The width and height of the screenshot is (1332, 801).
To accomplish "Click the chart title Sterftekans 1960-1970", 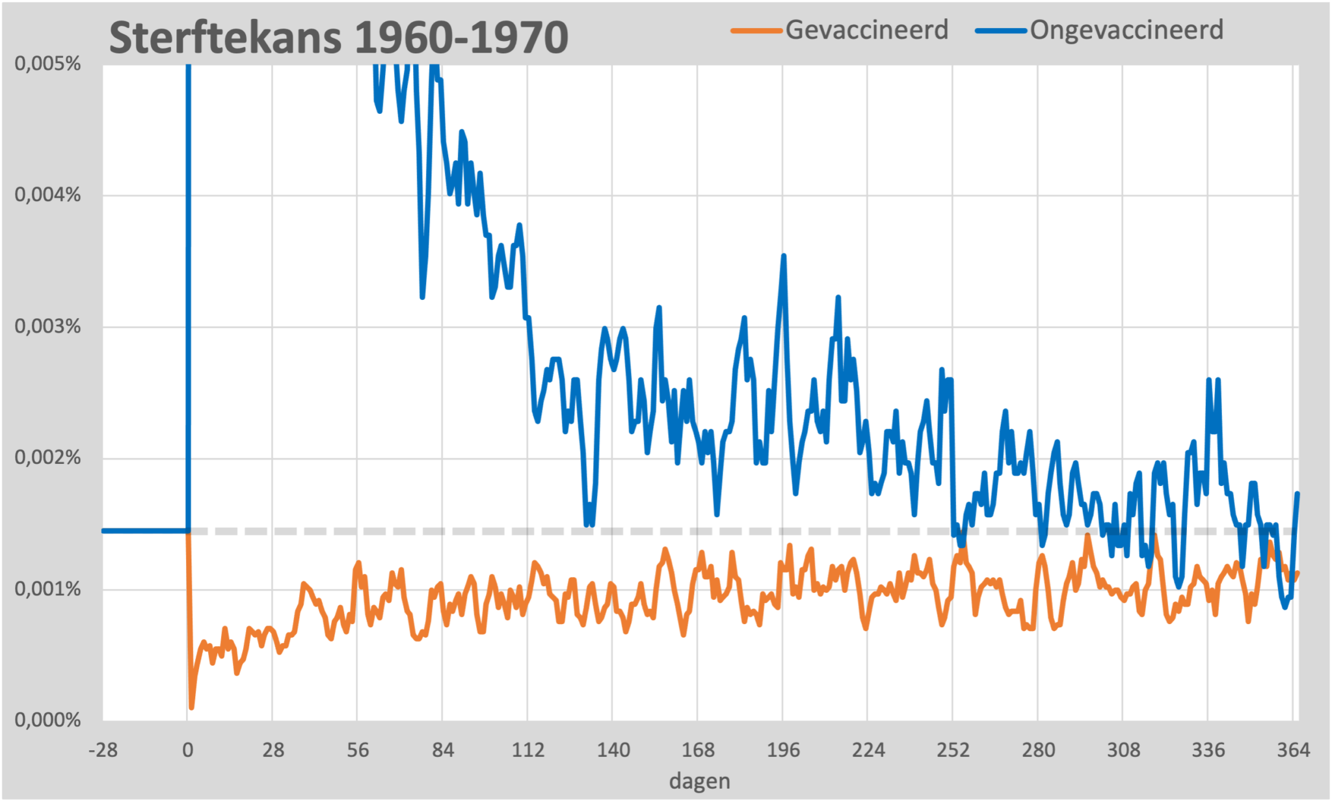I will tap(338, 37).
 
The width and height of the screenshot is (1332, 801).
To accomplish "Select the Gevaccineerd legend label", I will tap(866, 30).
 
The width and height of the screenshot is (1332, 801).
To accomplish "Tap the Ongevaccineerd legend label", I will tap(1126, 30).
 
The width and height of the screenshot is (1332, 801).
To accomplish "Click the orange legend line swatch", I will tap(756, 31).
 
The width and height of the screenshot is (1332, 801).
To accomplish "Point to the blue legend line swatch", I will tap(1001, 31).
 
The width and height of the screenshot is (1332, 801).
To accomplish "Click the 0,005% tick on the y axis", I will tap(47, 64).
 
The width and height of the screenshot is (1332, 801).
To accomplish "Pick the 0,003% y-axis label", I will tap(47, 326).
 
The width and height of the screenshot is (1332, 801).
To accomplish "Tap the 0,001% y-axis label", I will tap(47, 589).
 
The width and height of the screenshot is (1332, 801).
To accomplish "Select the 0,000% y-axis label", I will tap(47, 720).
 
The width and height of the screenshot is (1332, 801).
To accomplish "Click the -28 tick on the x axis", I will tap(103, 750).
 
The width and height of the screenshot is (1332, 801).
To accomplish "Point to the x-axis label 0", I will tap(188, 750).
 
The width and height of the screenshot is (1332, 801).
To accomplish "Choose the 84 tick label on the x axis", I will tap(443, 750).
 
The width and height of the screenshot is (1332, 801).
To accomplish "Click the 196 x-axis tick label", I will tap(783, 750).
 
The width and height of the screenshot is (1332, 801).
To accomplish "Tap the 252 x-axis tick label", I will tap(953, 750).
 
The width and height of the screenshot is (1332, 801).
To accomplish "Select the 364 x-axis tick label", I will tap(1293, 750).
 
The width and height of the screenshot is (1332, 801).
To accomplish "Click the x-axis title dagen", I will tap(699, 781).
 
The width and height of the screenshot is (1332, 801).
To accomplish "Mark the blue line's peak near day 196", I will tap(784, 256).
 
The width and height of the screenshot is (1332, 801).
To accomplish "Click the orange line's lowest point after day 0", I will tap(191, 707).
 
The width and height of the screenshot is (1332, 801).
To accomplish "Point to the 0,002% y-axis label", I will tap(47, 457).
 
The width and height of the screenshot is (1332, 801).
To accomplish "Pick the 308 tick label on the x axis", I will tap(1123, 750).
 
